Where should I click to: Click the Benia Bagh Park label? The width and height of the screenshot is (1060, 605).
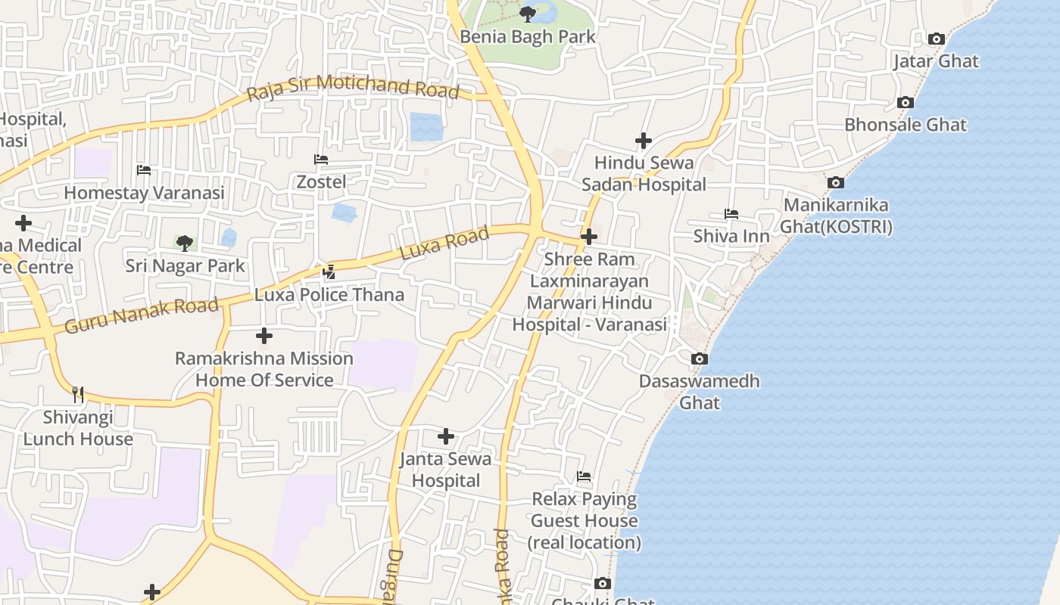528,36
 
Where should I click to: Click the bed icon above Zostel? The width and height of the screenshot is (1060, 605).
321,160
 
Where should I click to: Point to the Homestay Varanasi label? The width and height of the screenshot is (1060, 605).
144,193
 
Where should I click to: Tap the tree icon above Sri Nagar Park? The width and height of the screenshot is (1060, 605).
184,243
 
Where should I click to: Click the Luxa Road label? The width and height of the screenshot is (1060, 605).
444,244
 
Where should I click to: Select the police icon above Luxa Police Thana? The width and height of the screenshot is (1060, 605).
329,271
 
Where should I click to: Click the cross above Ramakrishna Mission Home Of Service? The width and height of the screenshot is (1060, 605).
263,335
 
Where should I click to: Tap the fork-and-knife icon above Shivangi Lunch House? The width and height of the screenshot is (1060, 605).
77,394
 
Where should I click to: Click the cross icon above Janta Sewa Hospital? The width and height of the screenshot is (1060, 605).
446,436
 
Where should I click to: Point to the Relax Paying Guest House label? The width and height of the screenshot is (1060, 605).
585,521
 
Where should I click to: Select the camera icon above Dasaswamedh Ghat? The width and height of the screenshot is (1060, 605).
700,358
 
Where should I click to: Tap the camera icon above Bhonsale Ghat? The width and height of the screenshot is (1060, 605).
905,102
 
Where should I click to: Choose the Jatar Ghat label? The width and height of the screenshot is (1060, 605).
936,61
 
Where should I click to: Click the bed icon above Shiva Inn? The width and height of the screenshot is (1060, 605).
731,214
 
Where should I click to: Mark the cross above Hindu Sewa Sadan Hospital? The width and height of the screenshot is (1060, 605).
644,141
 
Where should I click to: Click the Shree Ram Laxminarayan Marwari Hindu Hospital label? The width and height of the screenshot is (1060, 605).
589,292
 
